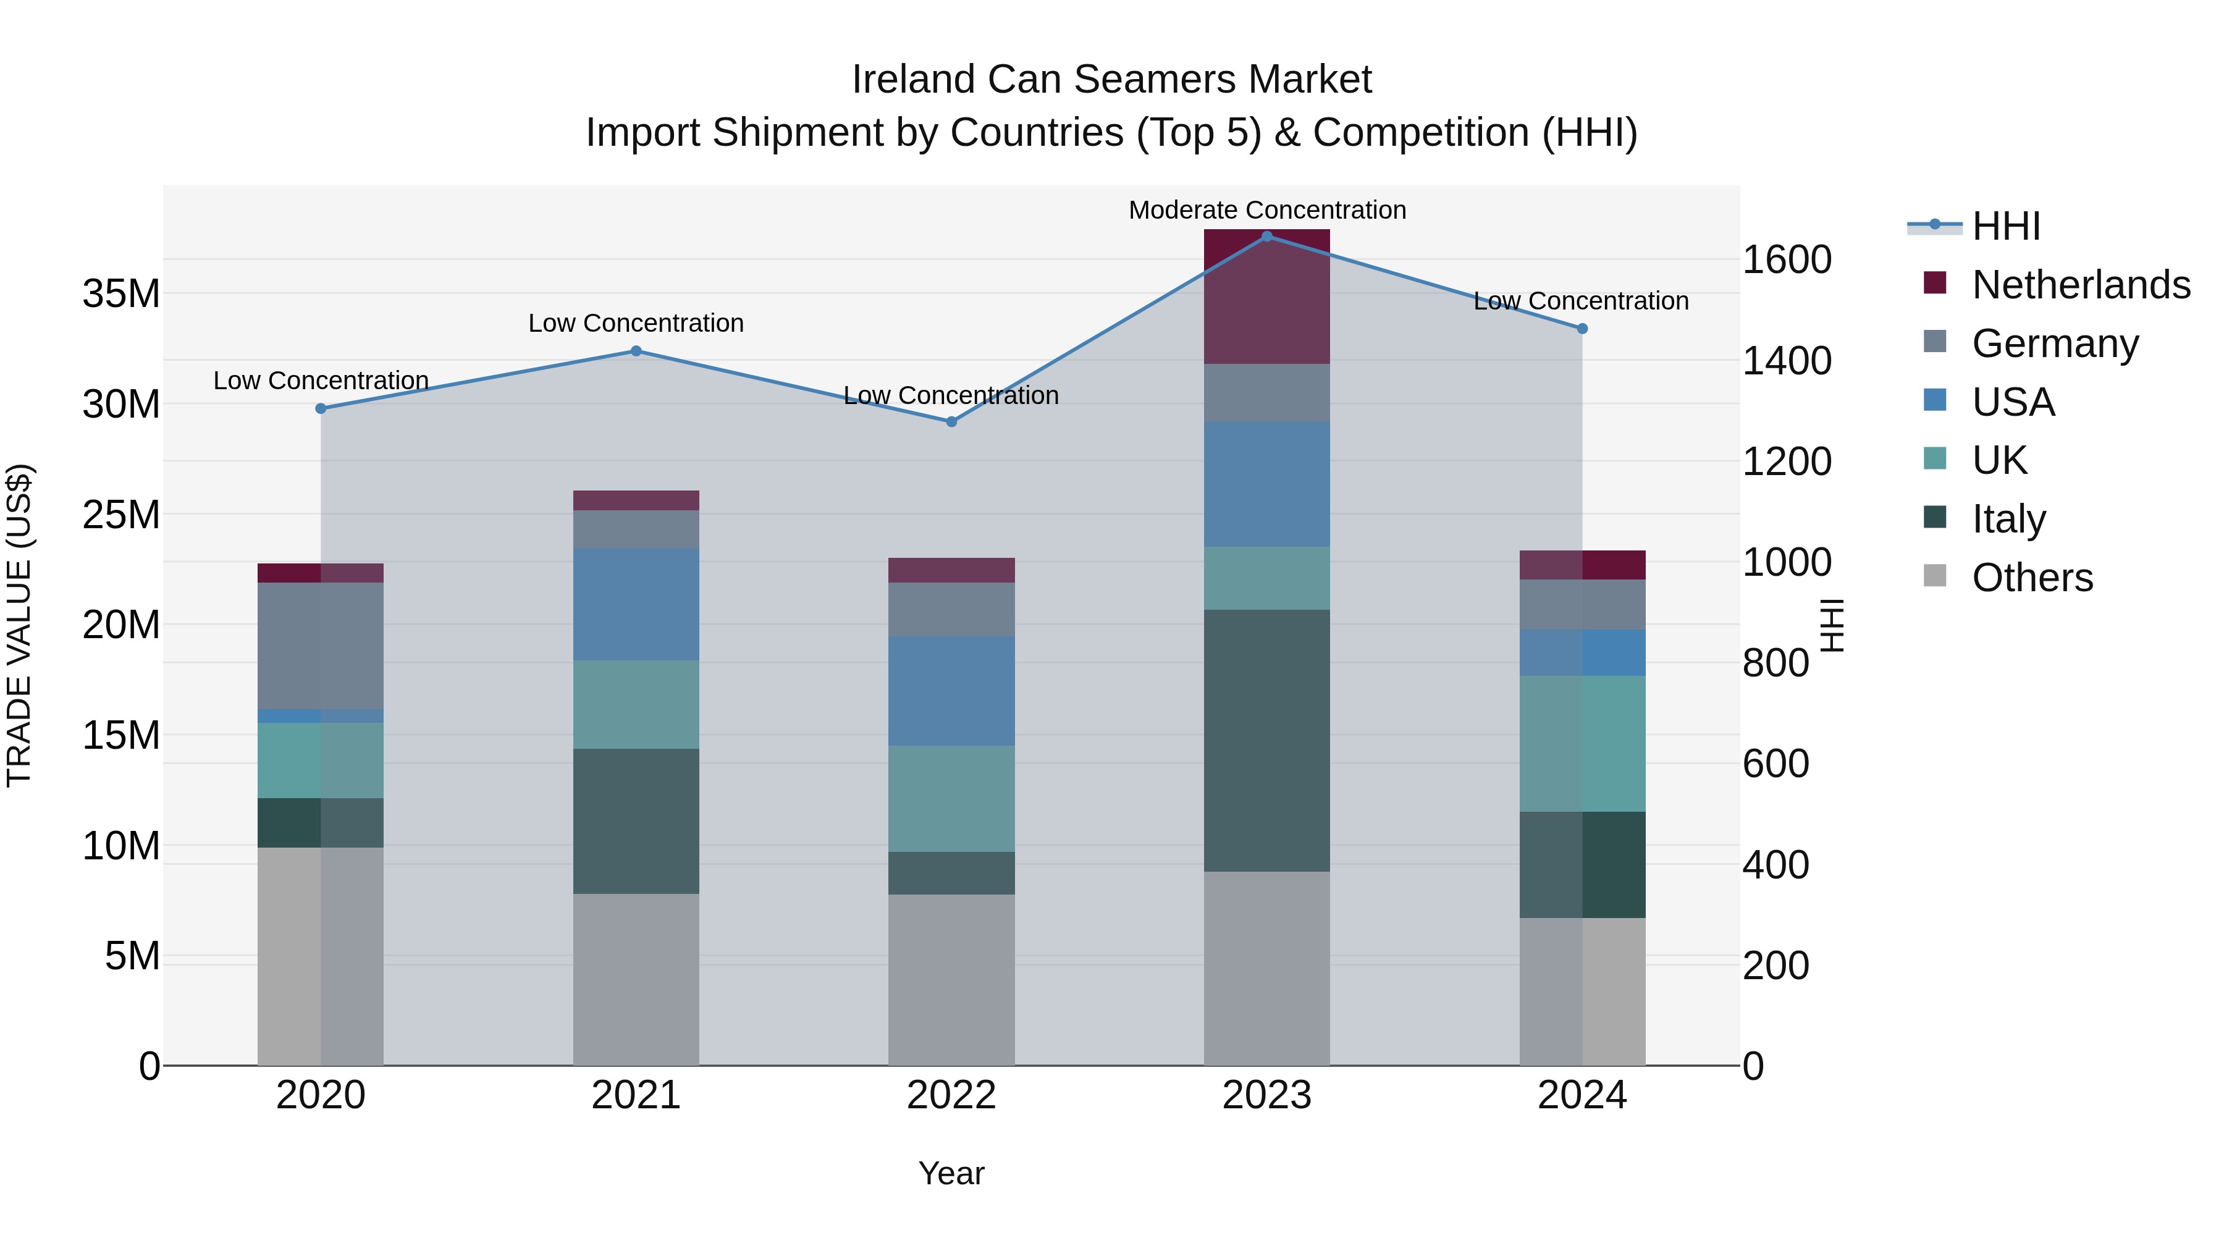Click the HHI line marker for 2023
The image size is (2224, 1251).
(x=1266, y=237)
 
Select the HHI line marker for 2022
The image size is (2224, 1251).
(x=951, y=422)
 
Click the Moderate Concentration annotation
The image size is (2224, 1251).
(x=1266, y=210)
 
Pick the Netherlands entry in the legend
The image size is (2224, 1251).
(x=2081, y=285)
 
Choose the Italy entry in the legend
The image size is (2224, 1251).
(x=2008, y=519)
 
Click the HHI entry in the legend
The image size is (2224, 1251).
(x=2005, y=226)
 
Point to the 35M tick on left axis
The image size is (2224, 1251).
(x=121, y=293)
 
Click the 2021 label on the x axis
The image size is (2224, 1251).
(x=636, y=1095)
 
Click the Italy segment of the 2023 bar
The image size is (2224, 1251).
(x=1266, y=740)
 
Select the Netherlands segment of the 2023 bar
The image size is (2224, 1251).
(x=1266, y=298)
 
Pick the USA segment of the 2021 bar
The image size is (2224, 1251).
(x=636, y=604)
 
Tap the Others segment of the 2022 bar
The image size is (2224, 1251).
(x=951, y=979)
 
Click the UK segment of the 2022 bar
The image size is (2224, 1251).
(x=951, y=799)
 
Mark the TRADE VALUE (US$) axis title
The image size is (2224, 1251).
(x=19, y=625)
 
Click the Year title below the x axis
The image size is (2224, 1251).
(x=951, y=1173)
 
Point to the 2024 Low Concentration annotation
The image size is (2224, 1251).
(x=1581, y=301)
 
